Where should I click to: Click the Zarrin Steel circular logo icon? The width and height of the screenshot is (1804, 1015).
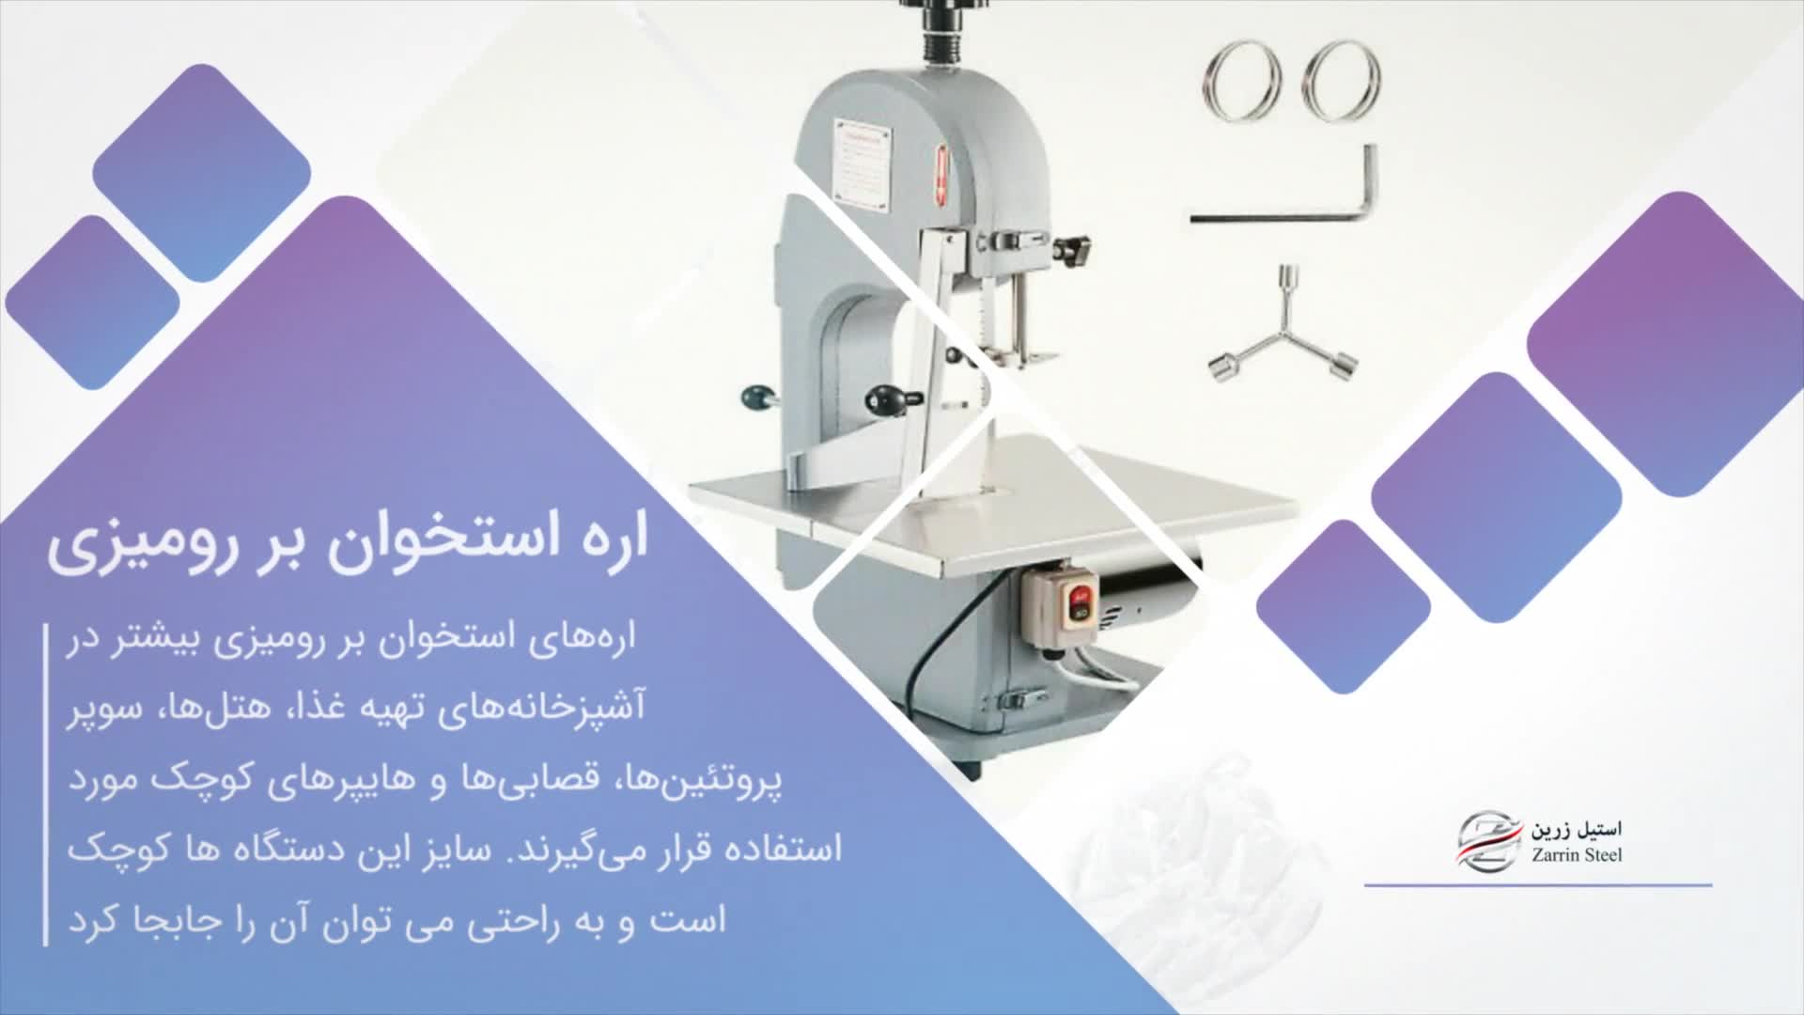pos(1489,841)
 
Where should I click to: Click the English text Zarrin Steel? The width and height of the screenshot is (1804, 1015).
pos(1576,855)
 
